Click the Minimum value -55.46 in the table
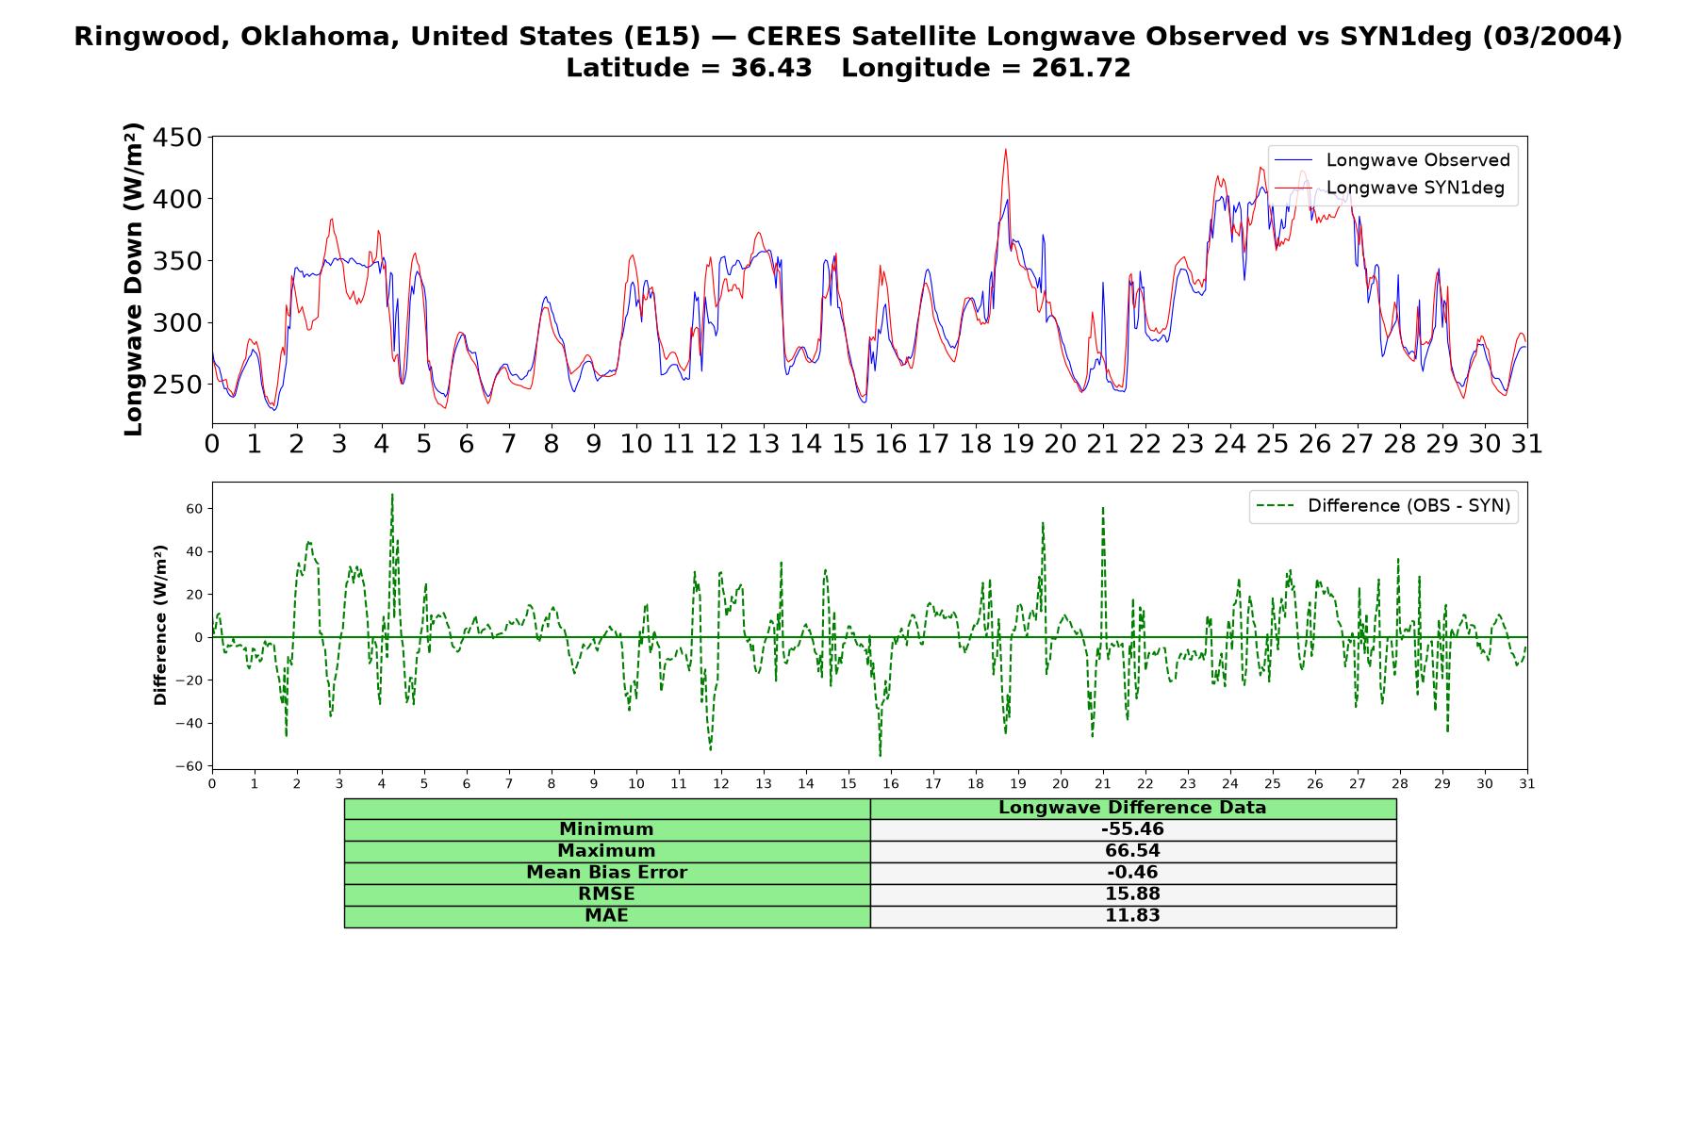point(1132,829)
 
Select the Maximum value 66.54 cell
point(1132,851)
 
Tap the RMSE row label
point(606,894)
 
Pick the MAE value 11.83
point(1132,916)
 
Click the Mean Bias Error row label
point(606,873)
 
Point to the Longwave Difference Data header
point(1132,808)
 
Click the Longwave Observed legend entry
point(1392,160)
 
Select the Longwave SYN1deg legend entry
point(1392,188)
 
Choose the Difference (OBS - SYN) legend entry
point(1383,506)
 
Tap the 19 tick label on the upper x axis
point(1017,444)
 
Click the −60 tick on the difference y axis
point(189,766)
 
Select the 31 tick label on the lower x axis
point(1527,784)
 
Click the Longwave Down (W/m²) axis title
point(134,279)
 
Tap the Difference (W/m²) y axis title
point(160,625)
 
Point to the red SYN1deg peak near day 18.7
point(1006,149)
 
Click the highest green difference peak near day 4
point(392,494)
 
